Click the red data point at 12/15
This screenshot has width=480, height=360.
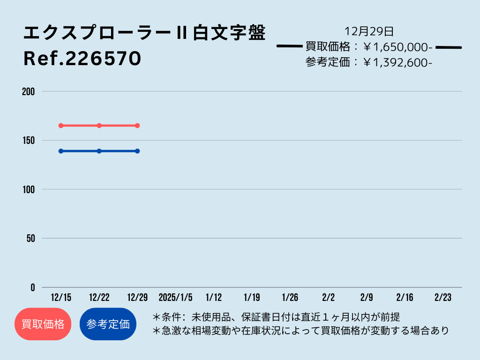61,126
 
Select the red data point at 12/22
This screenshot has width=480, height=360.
99,126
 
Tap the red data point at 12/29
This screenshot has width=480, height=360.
137,126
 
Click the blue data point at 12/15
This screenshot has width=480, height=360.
61,151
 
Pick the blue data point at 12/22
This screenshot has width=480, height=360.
99,151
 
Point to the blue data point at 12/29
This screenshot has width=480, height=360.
137,151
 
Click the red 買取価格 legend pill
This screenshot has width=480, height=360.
43,324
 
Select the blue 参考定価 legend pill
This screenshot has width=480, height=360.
108,324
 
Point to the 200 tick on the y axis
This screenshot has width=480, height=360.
29,91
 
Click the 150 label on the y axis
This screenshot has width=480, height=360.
29,141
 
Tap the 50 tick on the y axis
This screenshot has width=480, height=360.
30,239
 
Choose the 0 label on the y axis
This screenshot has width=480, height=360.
33,287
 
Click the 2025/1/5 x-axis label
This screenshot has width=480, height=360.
175,297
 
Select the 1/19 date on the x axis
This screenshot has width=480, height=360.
252,297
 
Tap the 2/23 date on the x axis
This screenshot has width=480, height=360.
443,297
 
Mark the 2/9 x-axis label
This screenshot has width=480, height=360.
367,297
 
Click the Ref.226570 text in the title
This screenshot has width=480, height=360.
82,58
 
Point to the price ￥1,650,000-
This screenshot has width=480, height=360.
397,47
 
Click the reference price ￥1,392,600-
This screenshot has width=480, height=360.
397,62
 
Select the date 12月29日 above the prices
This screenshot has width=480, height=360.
369,31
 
